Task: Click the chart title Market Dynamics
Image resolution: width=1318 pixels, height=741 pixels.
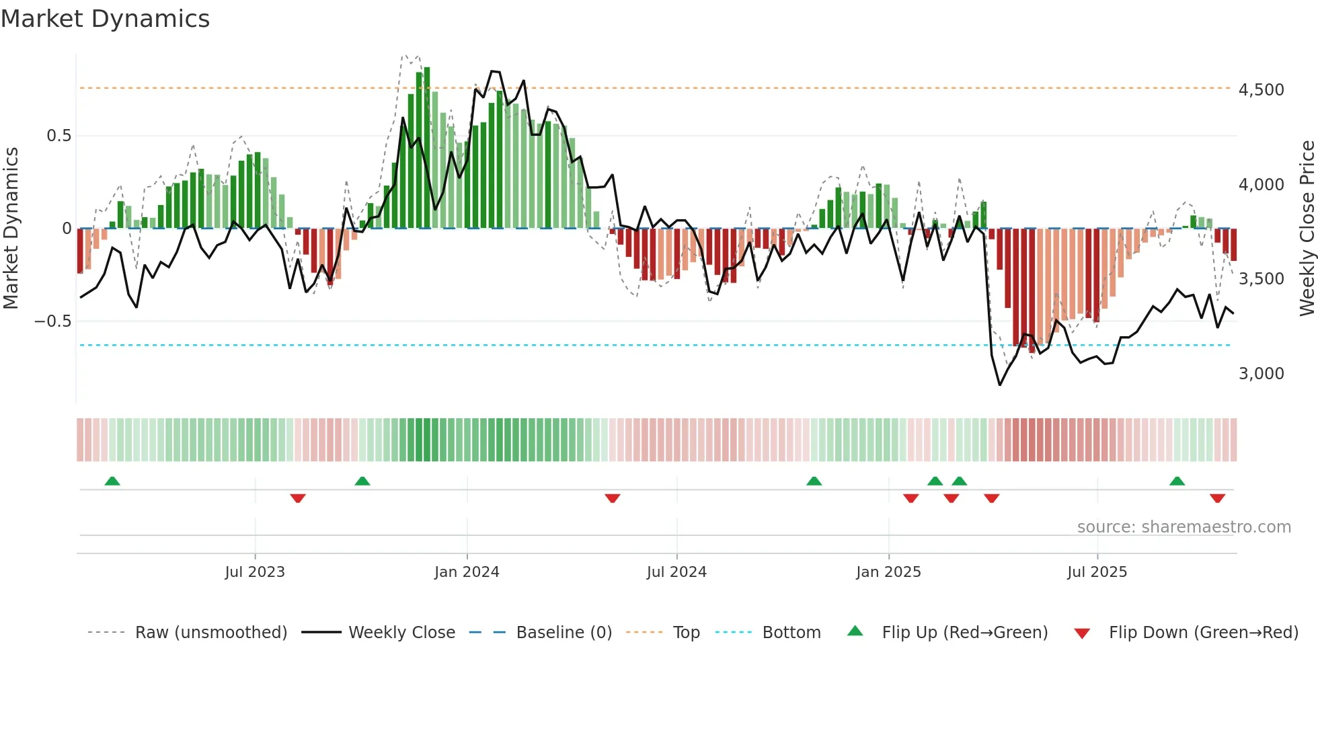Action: (105, 19)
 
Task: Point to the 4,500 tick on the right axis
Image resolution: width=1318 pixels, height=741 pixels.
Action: (1261, 90)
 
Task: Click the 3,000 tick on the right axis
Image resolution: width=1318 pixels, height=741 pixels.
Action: (1261, 374)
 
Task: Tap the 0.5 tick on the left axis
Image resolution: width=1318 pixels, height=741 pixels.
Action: (59, 136)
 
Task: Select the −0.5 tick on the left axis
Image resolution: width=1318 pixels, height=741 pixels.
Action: (53, 321)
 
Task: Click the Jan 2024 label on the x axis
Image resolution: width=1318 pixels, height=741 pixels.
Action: (467, 572)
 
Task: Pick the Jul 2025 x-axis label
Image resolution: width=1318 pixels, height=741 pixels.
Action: (1097, 572)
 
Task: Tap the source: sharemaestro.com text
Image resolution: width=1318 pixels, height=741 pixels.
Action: (1184, 527)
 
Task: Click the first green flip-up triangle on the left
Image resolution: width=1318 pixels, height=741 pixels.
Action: (112, 481)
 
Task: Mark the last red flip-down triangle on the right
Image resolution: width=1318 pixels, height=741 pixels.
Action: (1217, 498)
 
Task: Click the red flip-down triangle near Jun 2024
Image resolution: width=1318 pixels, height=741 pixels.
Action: (612, 498)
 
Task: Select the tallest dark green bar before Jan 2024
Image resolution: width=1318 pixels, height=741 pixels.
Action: (427, 148)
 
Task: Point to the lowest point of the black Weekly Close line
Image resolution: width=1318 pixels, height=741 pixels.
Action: (1000, 385)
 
